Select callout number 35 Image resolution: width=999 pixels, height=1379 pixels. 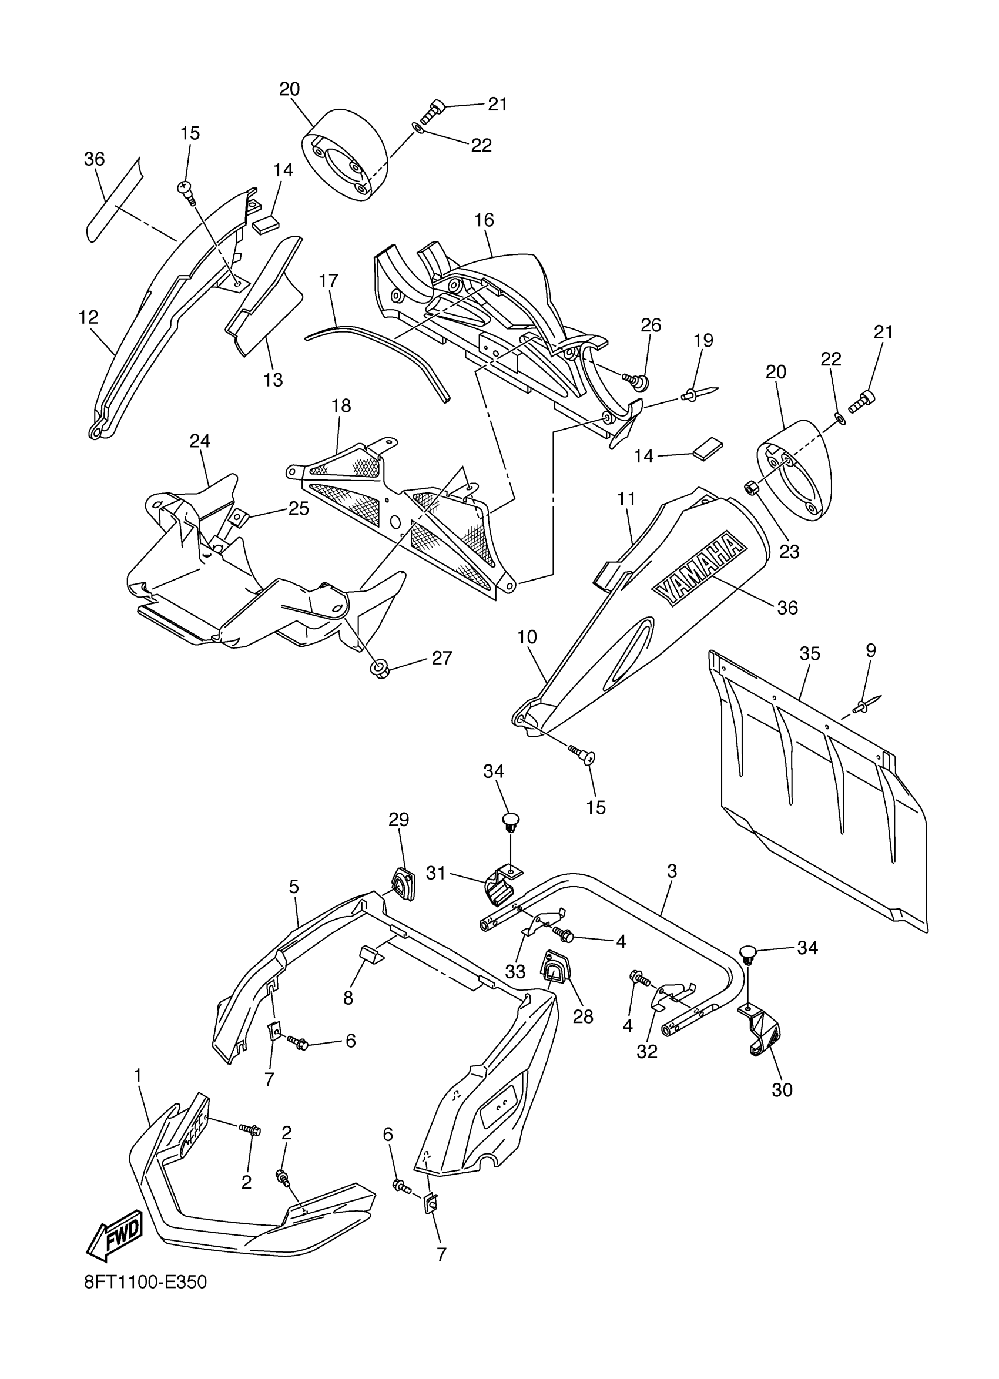(809, 653)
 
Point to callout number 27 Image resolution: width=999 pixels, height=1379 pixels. (442, 658)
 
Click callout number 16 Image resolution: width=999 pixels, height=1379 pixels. (485, 220)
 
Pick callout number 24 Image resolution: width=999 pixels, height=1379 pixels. (199, 441)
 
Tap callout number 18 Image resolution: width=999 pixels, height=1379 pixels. (341, 405)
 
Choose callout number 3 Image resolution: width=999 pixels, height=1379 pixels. (672, 871)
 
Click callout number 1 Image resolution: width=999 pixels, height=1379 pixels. (138, 1076)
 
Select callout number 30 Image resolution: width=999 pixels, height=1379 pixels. (782, 1090)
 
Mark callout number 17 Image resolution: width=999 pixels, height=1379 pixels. (328, 281)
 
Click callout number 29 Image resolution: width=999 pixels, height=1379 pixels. (399, 820)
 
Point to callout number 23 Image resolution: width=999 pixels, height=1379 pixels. (789, 552)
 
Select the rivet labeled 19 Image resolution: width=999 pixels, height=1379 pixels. (699, 395)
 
